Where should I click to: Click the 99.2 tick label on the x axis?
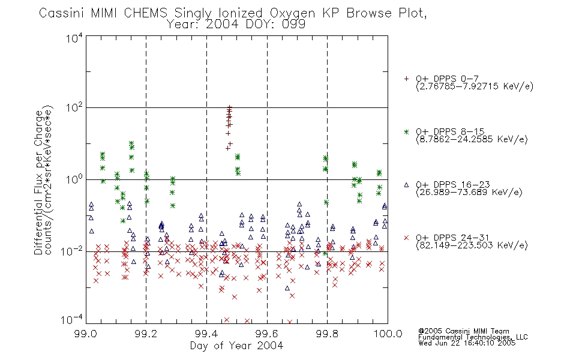pos(146,334)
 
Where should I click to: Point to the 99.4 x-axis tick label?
pos(206,334)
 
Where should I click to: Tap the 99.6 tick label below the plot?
pos(267,334)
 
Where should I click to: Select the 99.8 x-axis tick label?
pos(328,334)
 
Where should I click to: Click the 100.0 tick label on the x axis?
pos(388,334)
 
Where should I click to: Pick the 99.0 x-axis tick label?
pos(85,334)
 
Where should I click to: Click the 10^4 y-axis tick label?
pos(74,38)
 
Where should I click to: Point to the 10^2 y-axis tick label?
pos(74,108)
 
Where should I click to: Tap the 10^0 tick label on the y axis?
pos(74,179)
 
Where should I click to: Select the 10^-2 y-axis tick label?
pos(72,251)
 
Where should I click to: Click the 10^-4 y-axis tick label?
pos(72,320)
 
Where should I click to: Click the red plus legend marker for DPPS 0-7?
pos(406,79)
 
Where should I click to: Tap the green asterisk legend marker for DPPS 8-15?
pos(406,131)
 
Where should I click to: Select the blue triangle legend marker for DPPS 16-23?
pos(406,185)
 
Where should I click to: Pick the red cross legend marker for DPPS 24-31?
pos(406,238)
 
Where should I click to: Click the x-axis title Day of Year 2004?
pos(236,346)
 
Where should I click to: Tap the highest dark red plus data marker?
pos(229,107)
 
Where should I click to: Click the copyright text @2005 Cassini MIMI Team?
pos(464,331)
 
